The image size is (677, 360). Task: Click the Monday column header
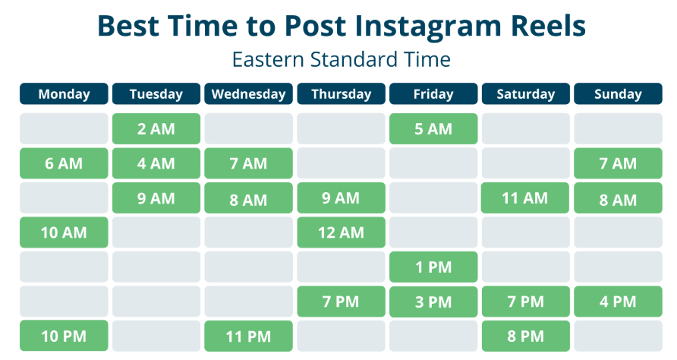(64, 94)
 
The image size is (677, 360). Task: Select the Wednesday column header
(248, 94)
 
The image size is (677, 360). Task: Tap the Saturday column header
(525, 94)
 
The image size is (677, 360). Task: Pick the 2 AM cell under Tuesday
(156, 129)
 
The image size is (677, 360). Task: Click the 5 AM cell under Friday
(433, 129)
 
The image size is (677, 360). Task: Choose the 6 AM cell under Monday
(64, 163)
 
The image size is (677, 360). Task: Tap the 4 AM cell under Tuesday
(156, 163)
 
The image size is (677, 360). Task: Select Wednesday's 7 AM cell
(248, 163)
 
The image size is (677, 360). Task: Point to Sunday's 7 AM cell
(618, 163)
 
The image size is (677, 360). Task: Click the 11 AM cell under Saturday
(525, 198)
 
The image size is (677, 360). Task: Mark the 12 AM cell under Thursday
(341, 232)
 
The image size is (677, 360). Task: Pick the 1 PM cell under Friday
(433, 267)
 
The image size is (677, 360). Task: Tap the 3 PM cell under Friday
(433, 302)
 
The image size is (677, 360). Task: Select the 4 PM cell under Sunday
(618, 302)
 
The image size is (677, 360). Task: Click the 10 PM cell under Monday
(64, 336)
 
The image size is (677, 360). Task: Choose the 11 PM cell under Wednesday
(248, 336)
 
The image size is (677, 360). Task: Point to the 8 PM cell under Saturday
(525, 336)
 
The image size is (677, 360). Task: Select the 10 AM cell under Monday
(64, 232)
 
